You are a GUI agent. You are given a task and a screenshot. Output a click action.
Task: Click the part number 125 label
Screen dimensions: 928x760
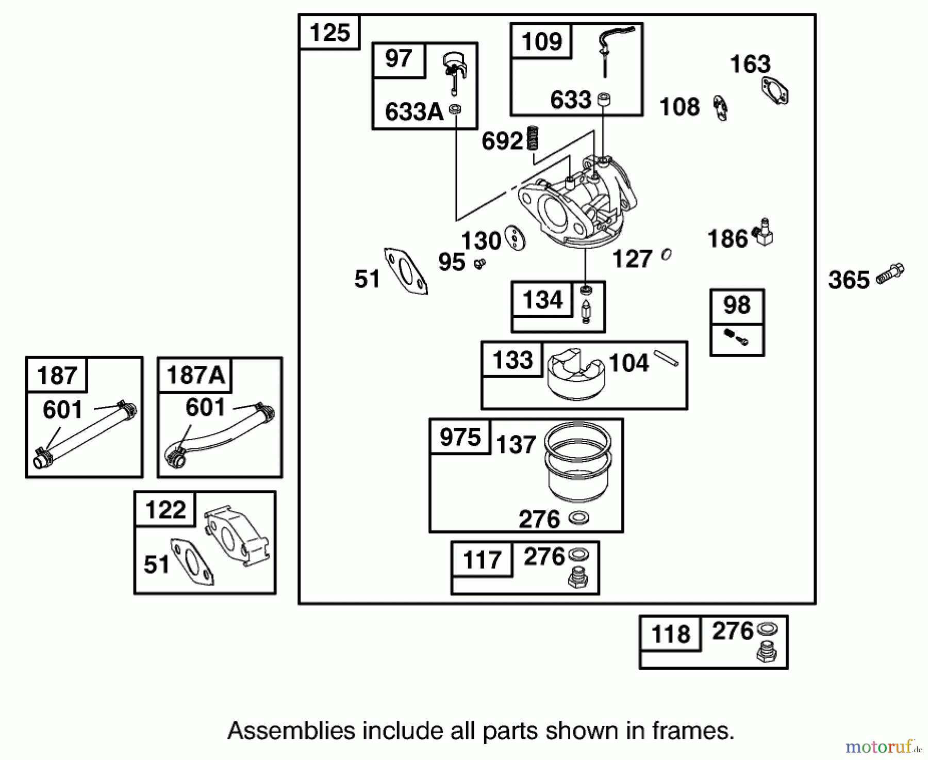pyautogui.click(x=330, y=33)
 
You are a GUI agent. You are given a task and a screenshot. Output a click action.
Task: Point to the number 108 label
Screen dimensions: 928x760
pyautogui.click(x=680, y=107)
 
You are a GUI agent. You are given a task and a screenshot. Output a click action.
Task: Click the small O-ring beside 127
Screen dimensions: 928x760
pyautogui.click(x=666, y=254)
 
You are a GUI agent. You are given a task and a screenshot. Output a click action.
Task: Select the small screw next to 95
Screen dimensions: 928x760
pyautogui.click(x=480, y=264)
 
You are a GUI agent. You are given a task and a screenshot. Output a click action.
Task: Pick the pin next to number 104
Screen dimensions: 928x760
pyautogui.click(x=666, y=359)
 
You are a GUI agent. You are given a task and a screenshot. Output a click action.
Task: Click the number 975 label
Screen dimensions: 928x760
pyautogui.click(x=460, y=438)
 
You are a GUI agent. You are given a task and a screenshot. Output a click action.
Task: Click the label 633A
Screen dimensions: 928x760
pyautogui.click(x=414, y=112)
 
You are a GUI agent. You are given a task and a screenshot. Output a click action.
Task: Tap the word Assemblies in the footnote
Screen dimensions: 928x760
pyautogui.click(x=291, y=731)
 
